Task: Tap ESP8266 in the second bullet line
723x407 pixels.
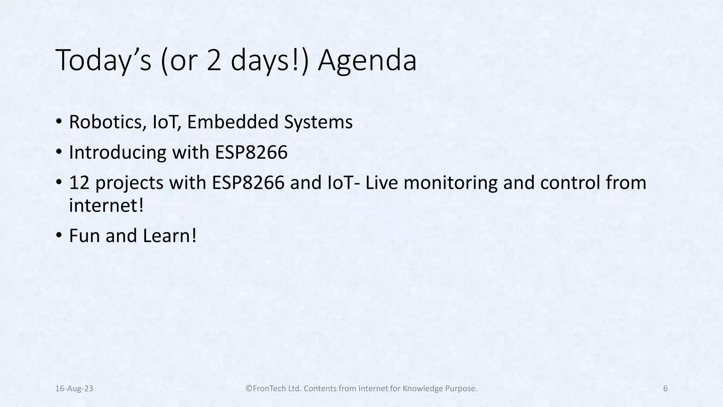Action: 251,153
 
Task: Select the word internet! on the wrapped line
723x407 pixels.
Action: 106,206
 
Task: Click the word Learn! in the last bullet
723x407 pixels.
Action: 169,236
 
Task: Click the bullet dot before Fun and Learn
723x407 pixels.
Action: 59,235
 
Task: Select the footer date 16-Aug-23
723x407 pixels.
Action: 74,389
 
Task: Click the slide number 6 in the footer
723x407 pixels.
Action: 665,389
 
